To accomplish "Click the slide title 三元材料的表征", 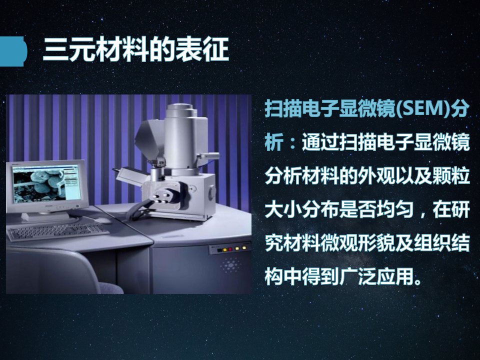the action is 136,49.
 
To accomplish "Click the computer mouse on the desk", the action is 102,220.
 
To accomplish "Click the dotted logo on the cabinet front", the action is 230,265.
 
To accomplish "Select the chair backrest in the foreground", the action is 52,271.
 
